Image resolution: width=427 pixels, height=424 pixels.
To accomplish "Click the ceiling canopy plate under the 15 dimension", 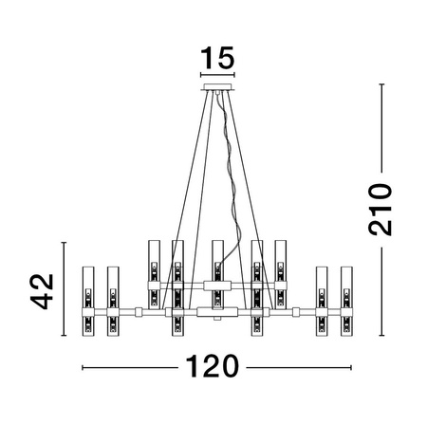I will click(x=217, y=89).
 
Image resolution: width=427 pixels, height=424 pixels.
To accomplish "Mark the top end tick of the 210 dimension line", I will click(x=381, y=85).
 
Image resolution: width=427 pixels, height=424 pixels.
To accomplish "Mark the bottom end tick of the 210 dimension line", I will click(x=381, y=336).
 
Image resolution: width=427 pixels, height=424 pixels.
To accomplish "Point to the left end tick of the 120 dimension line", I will click(x=84, y=367).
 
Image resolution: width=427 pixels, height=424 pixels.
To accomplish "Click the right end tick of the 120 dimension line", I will click(x=351, y=367).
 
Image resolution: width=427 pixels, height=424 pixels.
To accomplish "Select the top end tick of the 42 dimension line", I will click(x=64, y=243).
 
